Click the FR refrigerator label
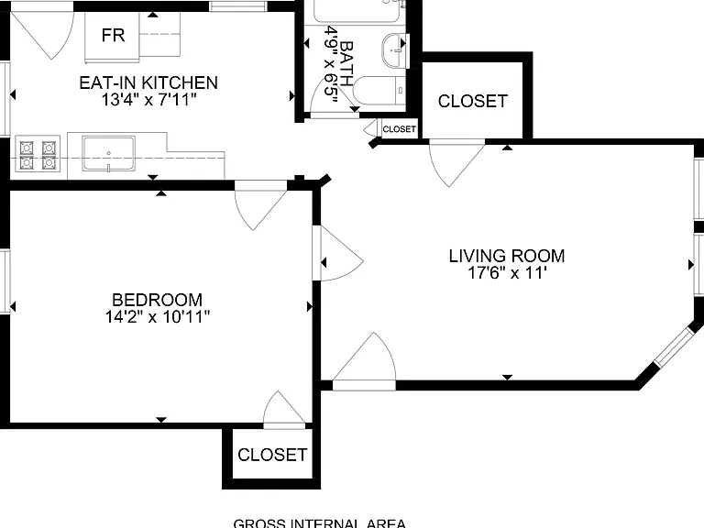pos(113,35)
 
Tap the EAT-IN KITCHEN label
pos(148,82)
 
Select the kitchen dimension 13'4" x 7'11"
pos(148,99)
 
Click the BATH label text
pos(346,63)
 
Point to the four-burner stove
pos(38,154)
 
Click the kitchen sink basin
pos(108,154)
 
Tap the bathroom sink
pos(395,50)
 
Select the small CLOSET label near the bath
pos(399,129)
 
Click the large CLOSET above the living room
pos(473,101)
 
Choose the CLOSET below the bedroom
pos(272,455)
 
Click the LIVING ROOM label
pos(507,256)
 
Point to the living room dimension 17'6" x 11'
pos(507,273)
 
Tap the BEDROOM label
pos(157,300)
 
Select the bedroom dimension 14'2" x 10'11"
pos(157,317)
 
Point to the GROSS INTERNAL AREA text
pos(320,523)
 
